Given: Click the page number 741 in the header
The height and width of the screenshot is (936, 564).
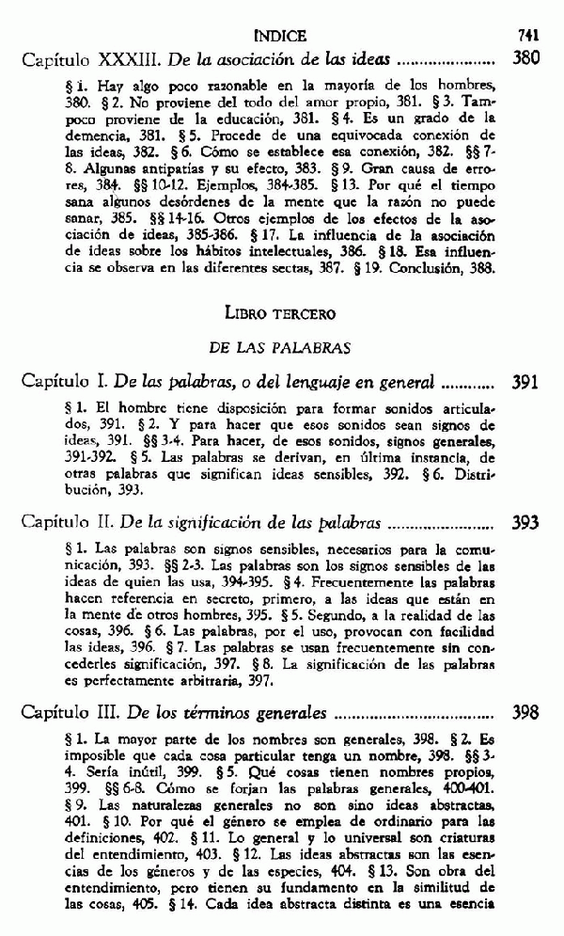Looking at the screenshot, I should tap(526, 36).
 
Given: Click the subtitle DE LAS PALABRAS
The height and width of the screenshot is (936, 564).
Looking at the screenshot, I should tap(281, 347).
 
